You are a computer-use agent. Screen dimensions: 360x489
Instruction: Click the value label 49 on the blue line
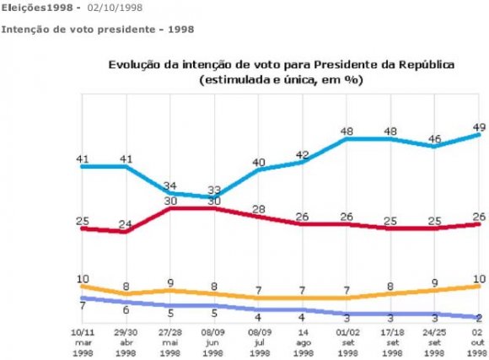476,117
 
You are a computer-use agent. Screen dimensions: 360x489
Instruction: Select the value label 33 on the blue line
214,190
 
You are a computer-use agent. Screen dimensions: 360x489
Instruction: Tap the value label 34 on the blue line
170,185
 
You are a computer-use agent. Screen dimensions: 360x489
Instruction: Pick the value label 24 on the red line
126,224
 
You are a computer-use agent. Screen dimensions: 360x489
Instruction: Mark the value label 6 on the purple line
126,309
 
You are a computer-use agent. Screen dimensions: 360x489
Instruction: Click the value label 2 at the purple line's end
478,317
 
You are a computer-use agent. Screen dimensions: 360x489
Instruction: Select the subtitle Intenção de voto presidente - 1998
98,30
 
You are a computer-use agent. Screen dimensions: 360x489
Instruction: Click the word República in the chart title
425,64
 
